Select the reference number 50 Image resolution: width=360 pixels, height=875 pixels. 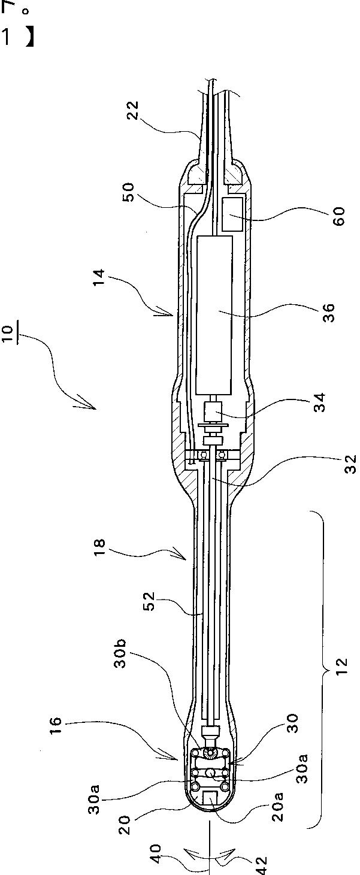tap(128, 192)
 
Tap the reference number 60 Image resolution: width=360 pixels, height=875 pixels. tap(339, 216)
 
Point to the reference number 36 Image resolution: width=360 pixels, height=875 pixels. tap(329, 313)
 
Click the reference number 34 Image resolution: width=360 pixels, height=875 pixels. tap(319, 402)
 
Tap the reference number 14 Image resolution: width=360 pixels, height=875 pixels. tap(99, 278)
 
